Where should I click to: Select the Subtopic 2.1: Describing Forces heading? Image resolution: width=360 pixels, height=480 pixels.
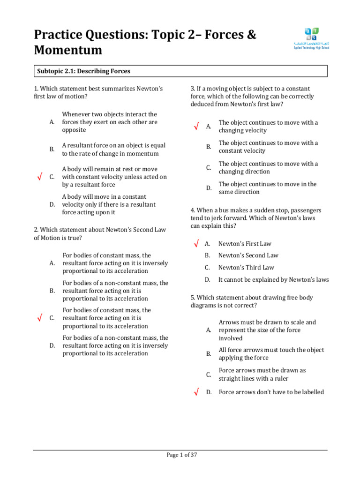[x=83, y=71]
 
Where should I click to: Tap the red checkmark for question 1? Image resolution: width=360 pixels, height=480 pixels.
[x=39, y=177]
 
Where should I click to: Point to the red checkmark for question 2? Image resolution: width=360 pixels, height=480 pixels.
[x=39, y=318]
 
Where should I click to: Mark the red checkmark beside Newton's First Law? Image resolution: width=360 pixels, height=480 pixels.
[x=196, y=244]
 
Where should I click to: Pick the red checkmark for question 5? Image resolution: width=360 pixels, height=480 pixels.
[x=196, y=392]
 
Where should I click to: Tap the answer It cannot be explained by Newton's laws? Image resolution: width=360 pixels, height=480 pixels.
[x=273, y=280]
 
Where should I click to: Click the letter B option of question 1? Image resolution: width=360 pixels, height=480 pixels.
[x=52, y=150]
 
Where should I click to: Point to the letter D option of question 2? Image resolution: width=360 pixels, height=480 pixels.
[x=52, y=345]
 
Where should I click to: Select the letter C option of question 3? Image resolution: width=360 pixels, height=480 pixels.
[x=209, y=168]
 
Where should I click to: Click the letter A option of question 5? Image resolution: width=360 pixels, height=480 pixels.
[x=209, y=330]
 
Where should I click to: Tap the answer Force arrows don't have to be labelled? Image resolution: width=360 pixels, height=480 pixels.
[x=271, y=392]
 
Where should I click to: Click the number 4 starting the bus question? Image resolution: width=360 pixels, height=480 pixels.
[x=192, y=210]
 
